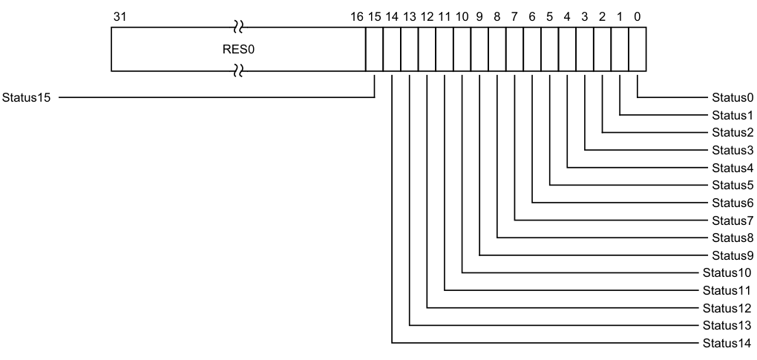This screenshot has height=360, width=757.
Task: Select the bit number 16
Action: (x=355, y=16)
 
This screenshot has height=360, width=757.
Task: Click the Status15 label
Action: (x=27, y=97)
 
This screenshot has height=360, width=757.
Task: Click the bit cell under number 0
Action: (x=638, y=49)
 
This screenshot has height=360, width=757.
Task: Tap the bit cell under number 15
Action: (x=374, y=49)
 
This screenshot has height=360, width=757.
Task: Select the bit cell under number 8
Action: (x=497, y=49)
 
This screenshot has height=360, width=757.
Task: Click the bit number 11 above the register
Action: (x=445, y=16)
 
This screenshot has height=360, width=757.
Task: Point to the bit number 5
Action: (x=550, y=16)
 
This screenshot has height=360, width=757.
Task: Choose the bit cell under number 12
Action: (x=427, y=49)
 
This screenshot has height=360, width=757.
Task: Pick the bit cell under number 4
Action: (x=567, y=49)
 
